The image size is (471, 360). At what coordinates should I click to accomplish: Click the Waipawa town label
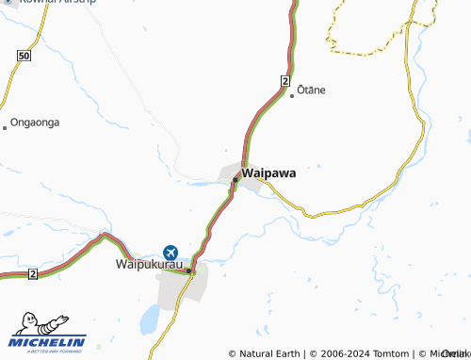point(269,174)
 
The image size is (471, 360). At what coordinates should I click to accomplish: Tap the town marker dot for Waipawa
point(235,179)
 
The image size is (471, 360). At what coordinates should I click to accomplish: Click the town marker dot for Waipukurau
point(188,271)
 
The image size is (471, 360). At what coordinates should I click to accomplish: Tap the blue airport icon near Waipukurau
point(171,253)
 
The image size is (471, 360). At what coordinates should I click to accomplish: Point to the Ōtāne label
point(311,90)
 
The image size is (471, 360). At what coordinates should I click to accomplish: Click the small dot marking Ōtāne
point(291,94)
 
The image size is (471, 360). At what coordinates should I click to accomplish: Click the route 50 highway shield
point(24,57)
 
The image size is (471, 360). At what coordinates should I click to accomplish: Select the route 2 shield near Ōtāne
point(284,83)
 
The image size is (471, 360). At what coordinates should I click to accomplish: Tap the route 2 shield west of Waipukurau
point(32,274)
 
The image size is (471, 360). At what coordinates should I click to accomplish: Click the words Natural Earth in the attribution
point(269,353)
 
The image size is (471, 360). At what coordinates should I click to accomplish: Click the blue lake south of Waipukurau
point(149,319)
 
